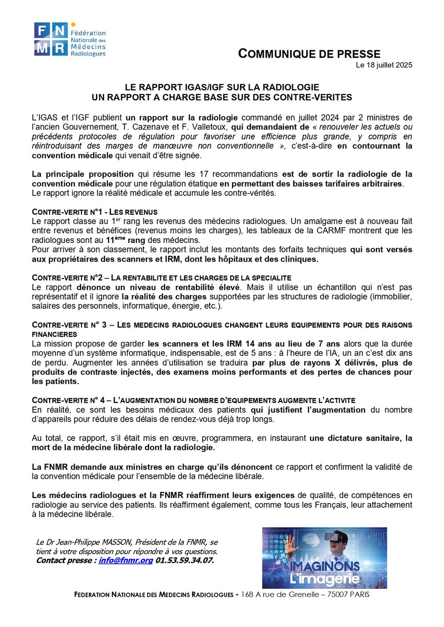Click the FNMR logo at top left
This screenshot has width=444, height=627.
pos(70,39)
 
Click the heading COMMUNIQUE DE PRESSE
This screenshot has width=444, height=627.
pos(310,53)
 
